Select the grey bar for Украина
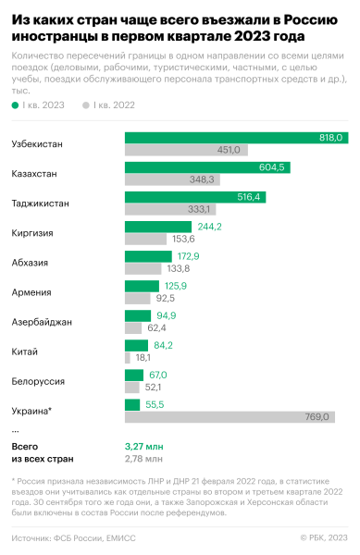230,417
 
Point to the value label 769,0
318,417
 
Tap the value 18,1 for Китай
143,357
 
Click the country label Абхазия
30,263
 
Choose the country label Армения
30,292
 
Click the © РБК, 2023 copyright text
324,537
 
